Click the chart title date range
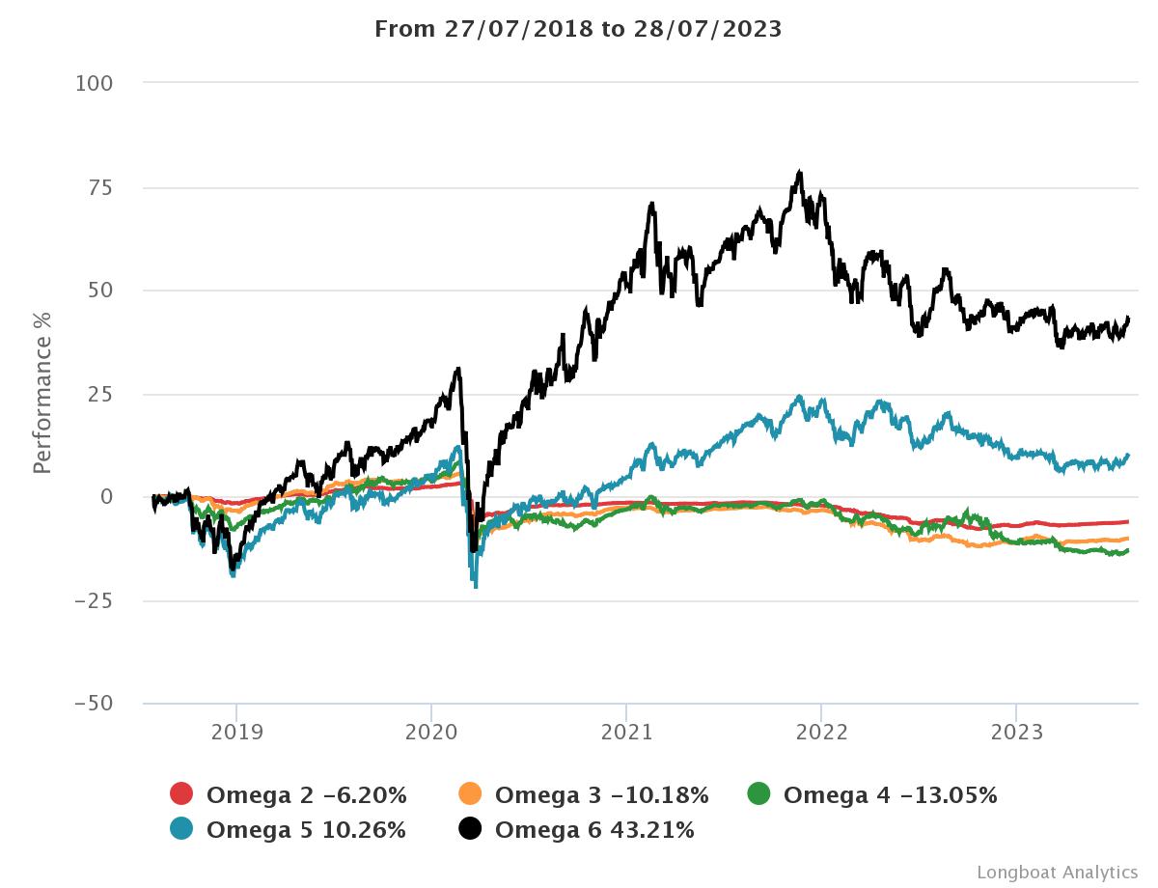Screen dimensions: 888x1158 coord(578,29)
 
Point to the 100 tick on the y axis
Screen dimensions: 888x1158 coord(94,84)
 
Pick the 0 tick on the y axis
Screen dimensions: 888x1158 coord(106,497)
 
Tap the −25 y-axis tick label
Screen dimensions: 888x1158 coord(93,600)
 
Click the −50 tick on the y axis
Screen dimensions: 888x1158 coord(93,704)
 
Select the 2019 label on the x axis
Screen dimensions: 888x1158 coord(236,732)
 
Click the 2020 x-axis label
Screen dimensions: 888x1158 coord(431,732)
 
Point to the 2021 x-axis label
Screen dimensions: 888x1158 coord(626,732)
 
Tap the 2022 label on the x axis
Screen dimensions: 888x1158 coord(821,732)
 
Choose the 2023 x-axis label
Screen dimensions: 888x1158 coord(1016,732)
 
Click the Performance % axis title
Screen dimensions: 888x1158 coord(42,393)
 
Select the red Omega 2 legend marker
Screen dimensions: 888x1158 coord(181,794)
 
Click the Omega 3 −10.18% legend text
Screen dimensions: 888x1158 coord(601,795)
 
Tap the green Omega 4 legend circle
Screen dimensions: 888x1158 coord(759,794)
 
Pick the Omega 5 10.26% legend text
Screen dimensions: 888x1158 coord(306,829)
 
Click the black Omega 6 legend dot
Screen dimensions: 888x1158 coord(470,828)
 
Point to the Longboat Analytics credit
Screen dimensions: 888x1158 coord(1057,872)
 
